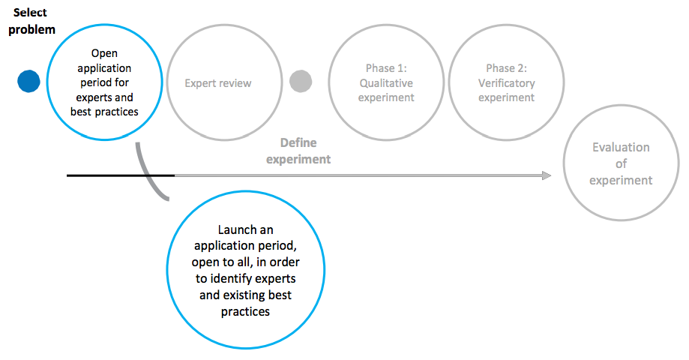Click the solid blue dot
pyautogui.click(x=28, y=81)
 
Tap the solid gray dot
pyautogui.click(x=301, y=81)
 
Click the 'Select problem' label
pyautogui.click(x=31, y=21)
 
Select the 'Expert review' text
pyautogui.click(x=218, y=83)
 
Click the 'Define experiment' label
pyautogui.click(x=298, y=151)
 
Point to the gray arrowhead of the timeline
pyautogui.click(x=547, y=175)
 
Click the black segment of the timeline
pyautogui.click(x=121, y=175)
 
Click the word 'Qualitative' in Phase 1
pyautogui.click(x=386, y=83)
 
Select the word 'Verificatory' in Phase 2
pyautogui.click(x=507, y=83)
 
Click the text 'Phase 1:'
pyautogui.click(x=386, y=68)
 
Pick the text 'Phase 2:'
pyautogui.click(x=507, y=68)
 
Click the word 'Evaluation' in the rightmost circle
pyautogui.click(x=621, y=147)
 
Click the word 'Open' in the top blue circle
pyautogui.click(x=104, y=54)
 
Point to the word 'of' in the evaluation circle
pyautogui.click(x=621, y=164)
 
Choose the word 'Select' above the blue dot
pyautogui.click(x=30, y=12)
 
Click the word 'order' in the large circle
pyautogui.click(x=285, y=262)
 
